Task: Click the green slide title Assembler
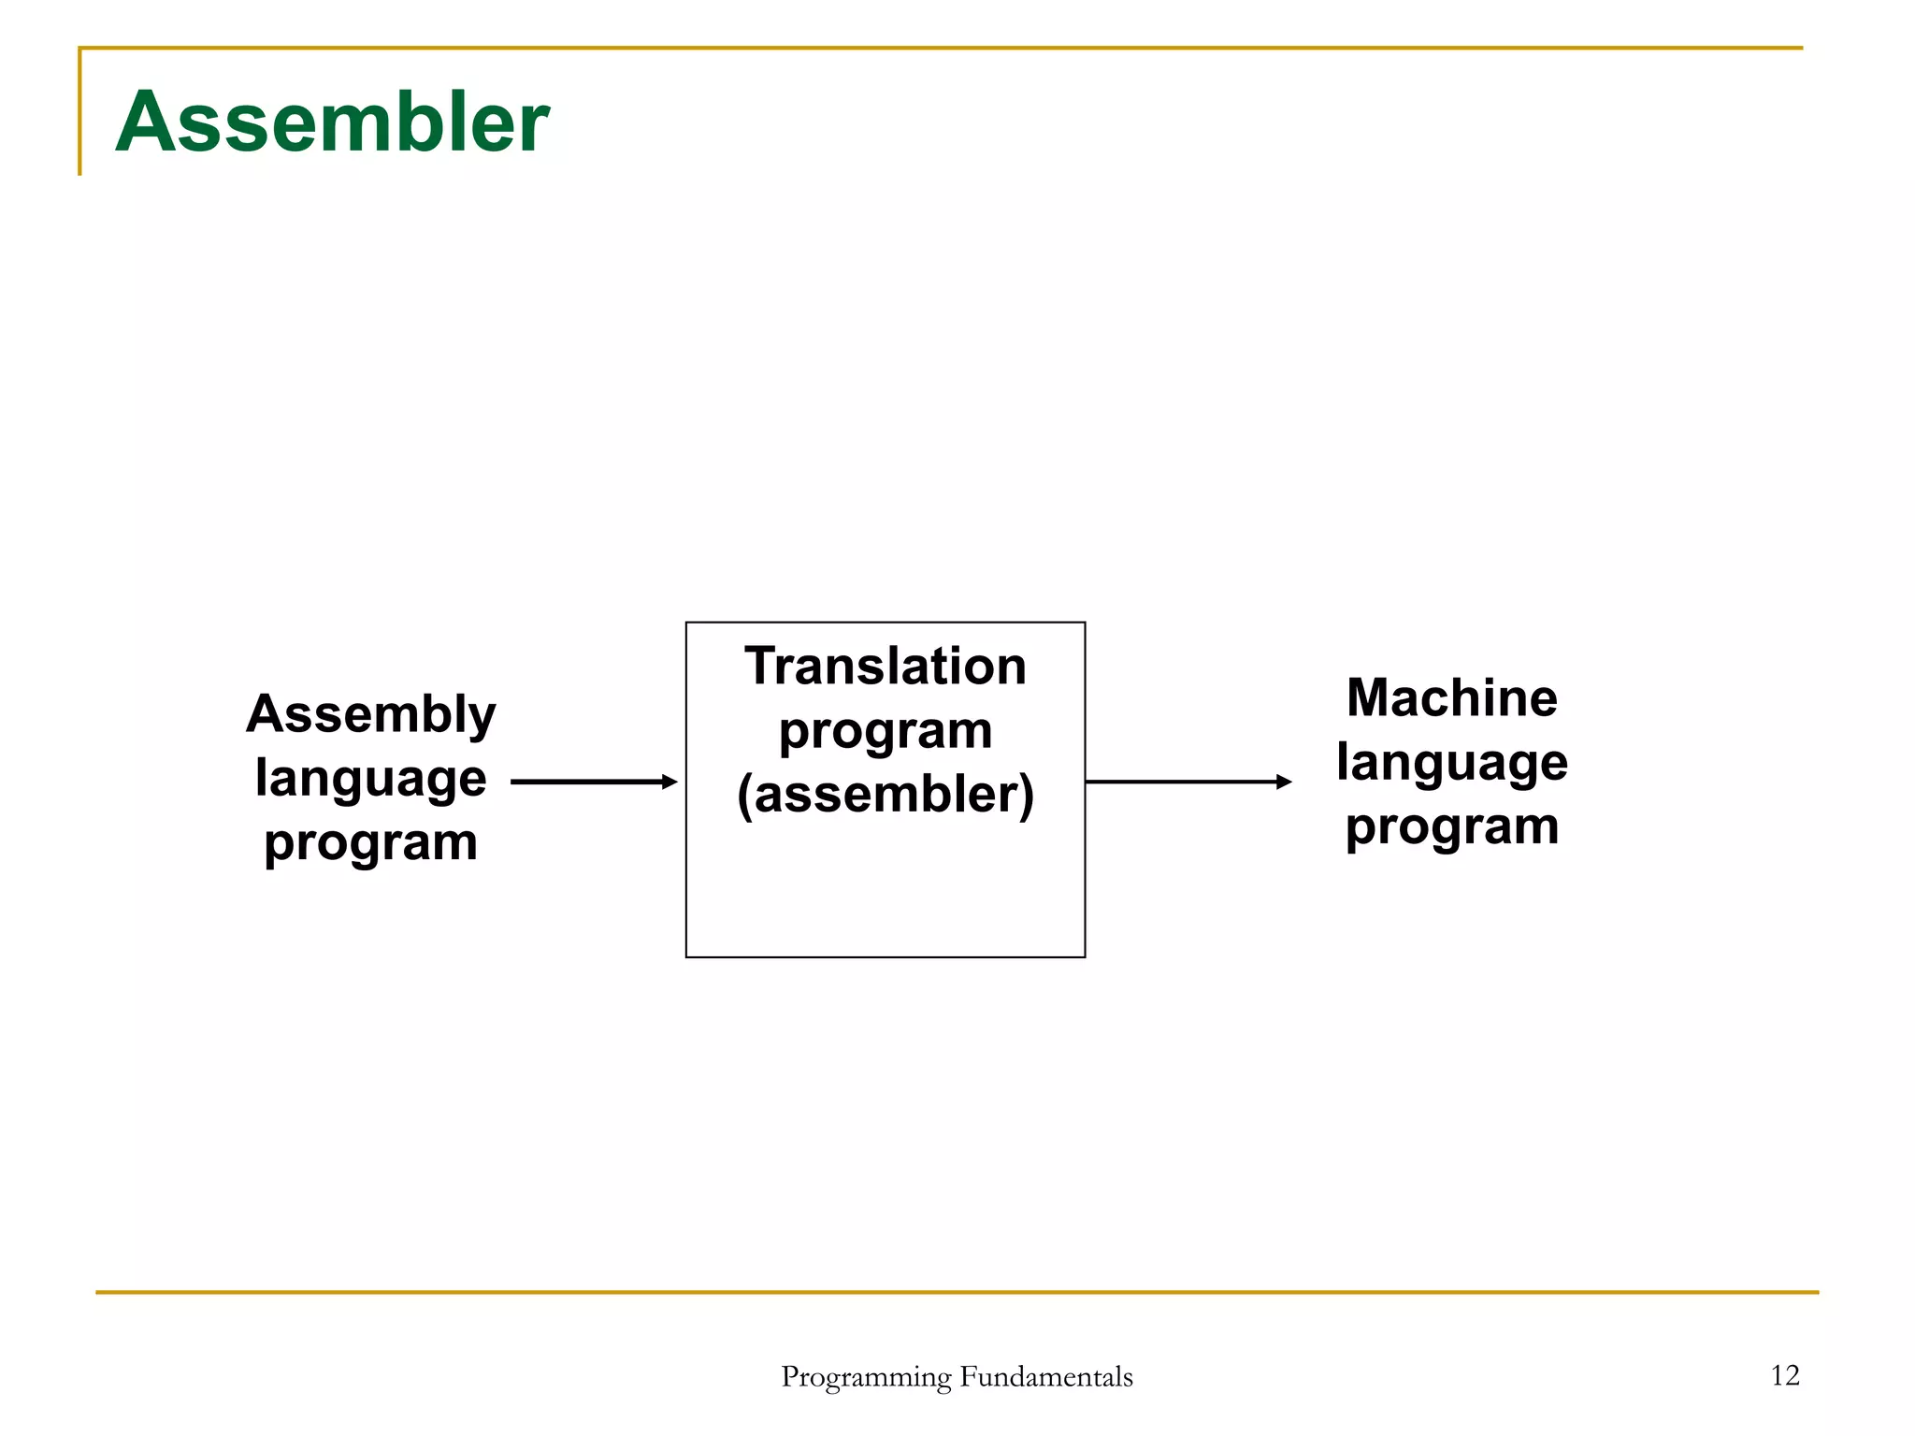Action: point(332,122)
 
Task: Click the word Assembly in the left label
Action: point(370,715)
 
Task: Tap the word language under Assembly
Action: point(370,778)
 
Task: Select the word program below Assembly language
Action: point(370,842)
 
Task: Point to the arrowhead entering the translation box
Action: point(669,782)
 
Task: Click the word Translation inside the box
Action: point(885,667)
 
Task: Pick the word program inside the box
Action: point(885,730)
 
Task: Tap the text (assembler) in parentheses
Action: point(885,795)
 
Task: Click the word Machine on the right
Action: point(1451,698)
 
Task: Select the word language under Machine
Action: point(1451,762)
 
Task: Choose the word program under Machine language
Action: point(1451,826)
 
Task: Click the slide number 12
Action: point(1784,1375)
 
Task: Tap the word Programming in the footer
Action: point(866,1377)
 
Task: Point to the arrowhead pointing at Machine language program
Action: point(1284,782)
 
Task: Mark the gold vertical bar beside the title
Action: point(80,112)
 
